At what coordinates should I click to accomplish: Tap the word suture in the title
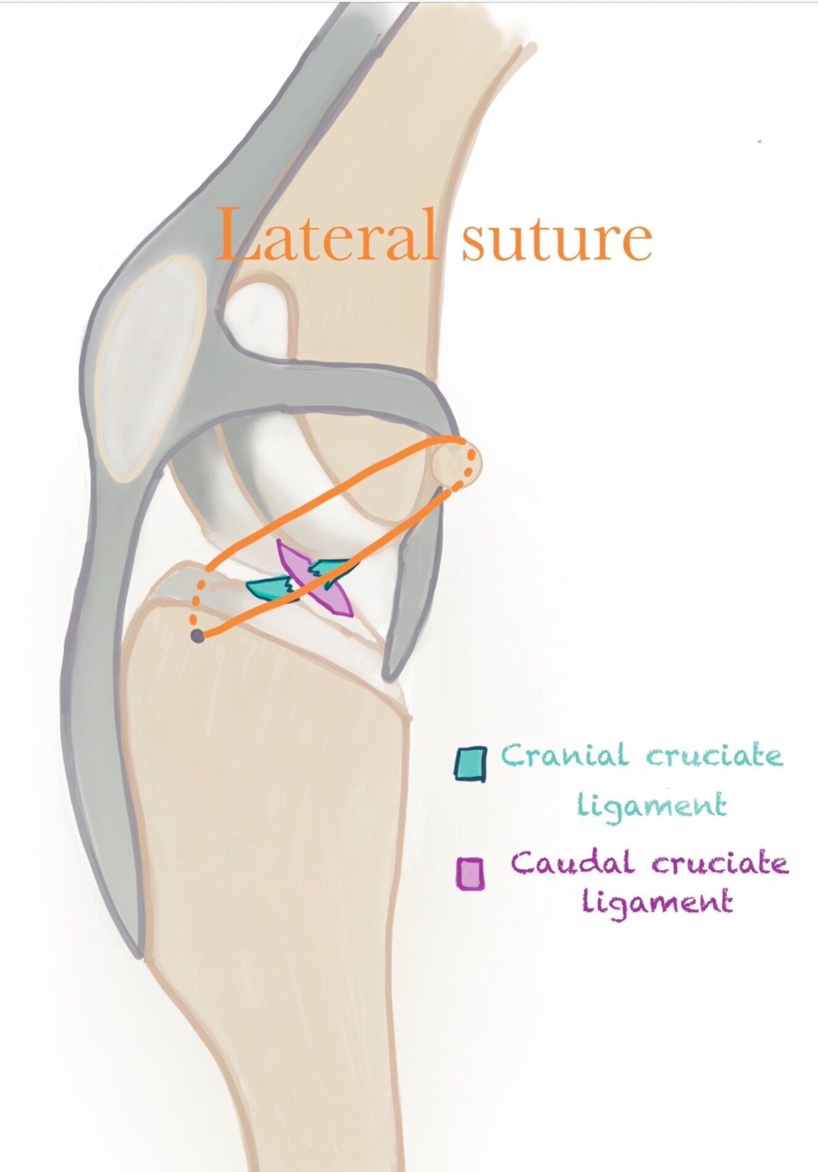(x=557, y=238)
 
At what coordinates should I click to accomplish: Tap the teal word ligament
(x=652, y=805)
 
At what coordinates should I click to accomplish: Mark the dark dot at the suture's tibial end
(x=197, y=636)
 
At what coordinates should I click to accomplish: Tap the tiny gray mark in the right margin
(x=759, y=142)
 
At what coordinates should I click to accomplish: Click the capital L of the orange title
(x=238, y=235)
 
